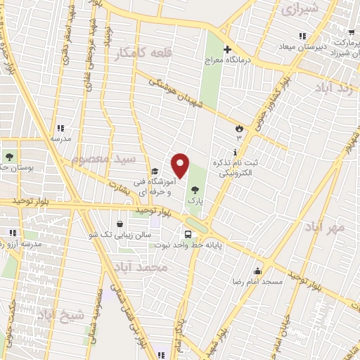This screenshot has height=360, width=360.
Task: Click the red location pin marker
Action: [181, 165]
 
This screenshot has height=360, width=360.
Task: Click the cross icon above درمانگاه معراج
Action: [227, 49]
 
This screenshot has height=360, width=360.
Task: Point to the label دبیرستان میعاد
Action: [302, 47]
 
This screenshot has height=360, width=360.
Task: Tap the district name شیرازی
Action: [300, 9]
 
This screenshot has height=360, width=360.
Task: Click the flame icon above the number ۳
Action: [239, 129]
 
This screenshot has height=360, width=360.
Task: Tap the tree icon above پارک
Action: [193, 188]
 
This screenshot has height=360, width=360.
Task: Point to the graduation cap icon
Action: [155, 171]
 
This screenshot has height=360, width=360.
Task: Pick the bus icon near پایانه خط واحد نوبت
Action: [188, 235]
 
